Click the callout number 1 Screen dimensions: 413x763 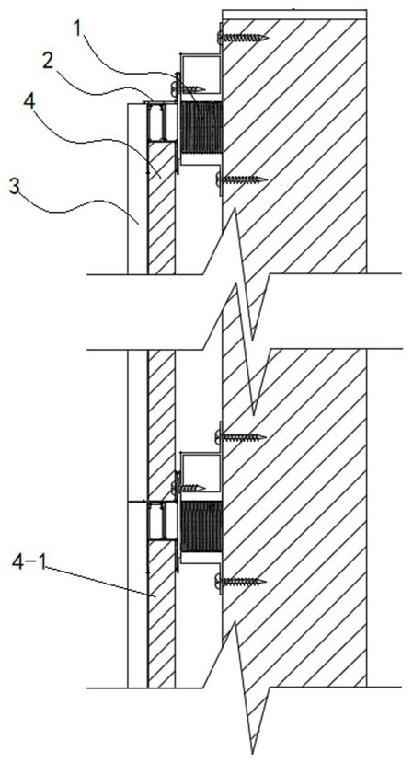click(77, 29)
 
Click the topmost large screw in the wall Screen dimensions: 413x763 click(243, 36)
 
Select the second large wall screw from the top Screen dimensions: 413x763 click(242, 180)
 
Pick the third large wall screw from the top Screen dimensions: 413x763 click(241, 436)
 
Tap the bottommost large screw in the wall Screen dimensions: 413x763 click(241, 581)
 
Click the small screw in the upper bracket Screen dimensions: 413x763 click(189, 87)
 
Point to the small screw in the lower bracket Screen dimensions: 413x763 click(189, 487)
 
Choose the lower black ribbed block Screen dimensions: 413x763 click(201, 527)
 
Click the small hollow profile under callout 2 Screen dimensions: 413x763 click(161, 121)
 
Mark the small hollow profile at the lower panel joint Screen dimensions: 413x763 click(161, 521)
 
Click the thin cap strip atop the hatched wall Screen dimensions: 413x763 click(294, 14)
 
